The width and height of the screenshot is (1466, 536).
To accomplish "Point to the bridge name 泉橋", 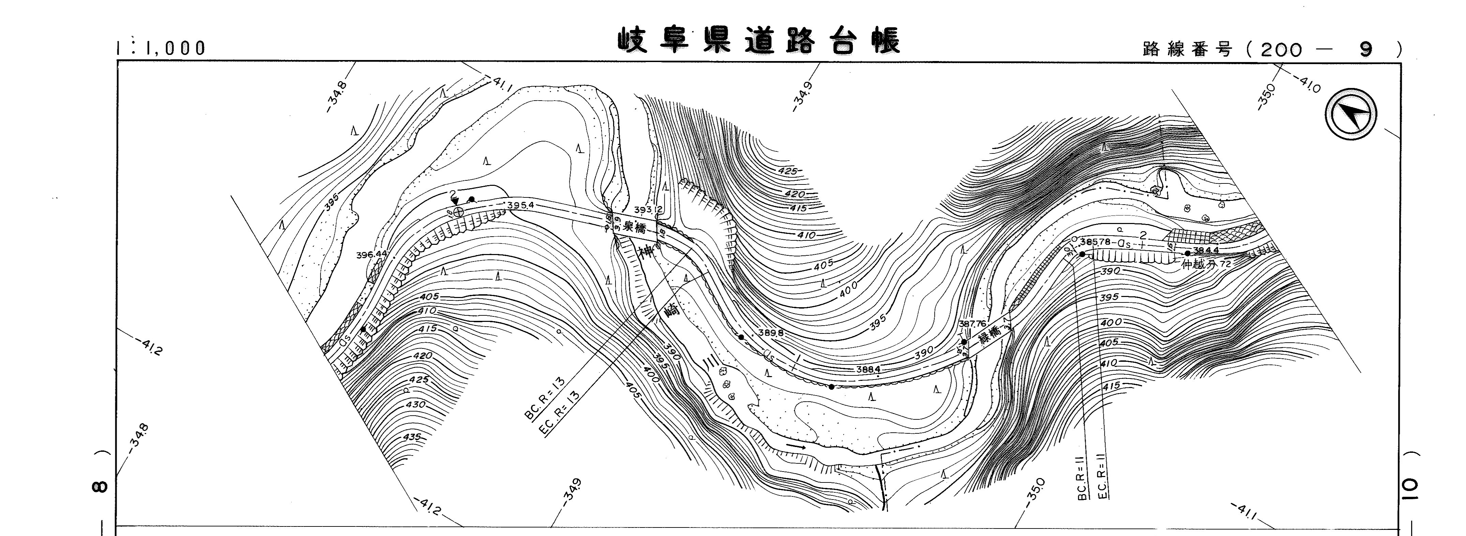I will point(635,228).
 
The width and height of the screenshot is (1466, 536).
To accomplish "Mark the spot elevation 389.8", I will point(771,333).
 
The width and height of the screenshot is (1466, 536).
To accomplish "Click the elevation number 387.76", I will point(972,324).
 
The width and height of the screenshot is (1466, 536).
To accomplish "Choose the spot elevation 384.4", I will point(1205,250).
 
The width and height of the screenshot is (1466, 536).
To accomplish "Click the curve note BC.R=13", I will point(545,398).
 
